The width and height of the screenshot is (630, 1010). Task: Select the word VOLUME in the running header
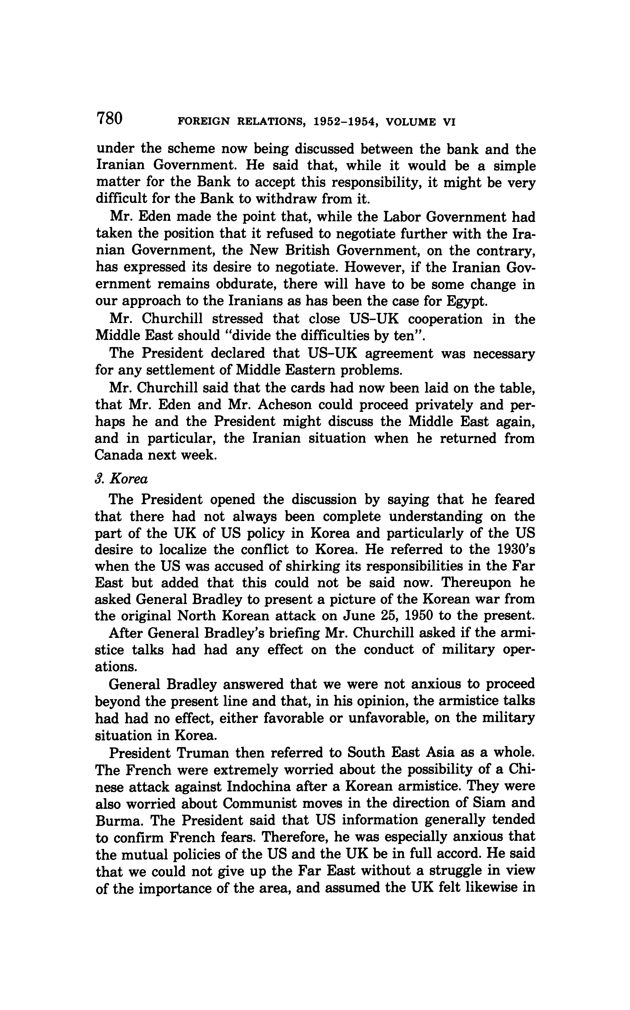[x=411, y=122]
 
